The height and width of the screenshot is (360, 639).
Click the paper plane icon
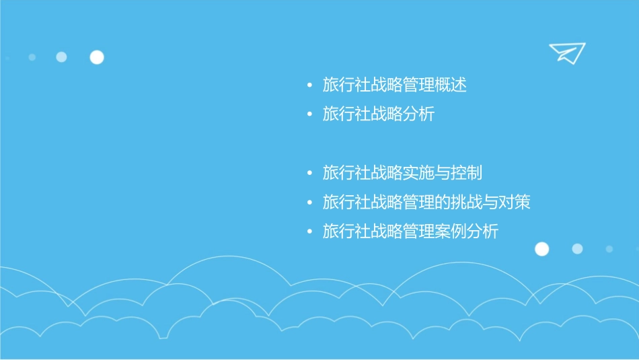566,52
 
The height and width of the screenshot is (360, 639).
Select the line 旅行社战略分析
379,114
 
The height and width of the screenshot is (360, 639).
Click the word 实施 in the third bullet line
418,173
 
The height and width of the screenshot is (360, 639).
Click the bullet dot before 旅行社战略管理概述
309,85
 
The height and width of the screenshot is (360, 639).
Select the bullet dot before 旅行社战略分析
309,114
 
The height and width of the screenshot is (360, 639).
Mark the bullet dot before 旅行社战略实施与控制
309,173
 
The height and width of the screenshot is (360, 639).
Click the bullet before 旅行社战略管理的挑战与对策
309,203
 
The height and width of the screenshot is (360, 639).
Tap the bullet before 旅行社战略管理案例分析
309,231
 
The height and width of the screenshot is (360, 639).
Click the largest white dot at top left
97,57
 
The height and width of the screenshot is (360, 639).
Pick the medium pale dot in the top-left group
61,57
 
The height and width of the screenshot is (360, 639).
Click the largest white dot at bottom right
541,249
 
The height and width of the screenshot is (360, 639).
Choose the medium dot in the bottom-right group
577,249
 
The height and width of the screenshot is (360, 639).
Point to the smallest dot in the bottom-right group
609,249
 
